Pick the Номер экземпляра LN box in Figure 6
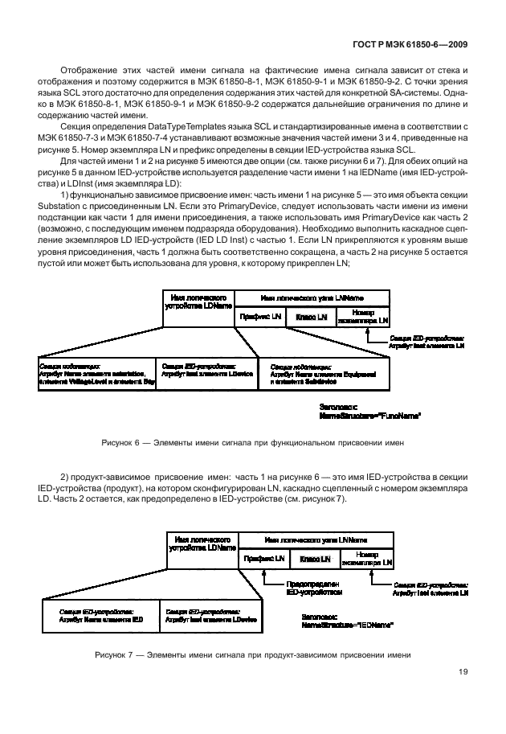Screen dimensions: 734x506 [362, 318]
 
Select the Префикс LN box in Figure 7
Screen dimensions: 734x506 [265, 558]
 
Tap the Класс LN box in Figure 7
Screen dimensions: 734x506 [316, 558]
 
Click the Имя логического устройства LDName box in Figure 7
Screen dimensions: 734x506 [201, 542]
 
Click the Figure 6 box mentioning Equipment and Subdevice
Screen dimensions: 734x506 [327, 373]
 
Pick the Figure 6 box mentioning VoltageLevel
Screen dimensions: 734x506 [96, 373]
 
